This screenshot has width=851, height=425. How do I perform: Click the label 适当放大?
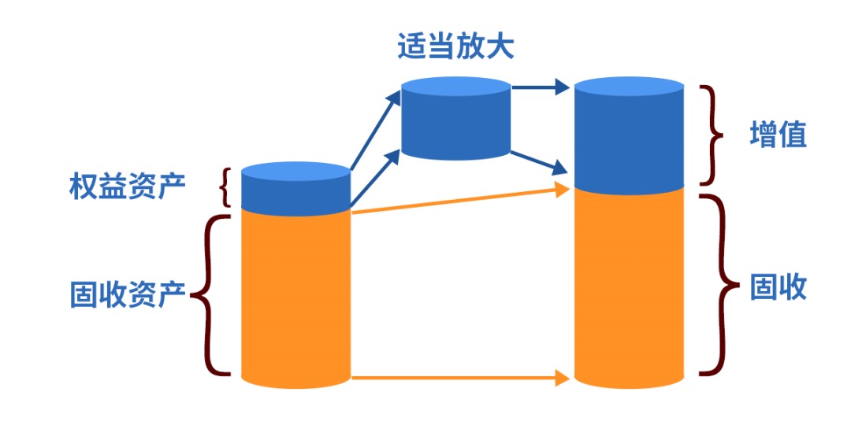pos(455,46)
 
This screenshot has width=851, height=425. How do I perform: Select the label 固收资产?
pos(127,295)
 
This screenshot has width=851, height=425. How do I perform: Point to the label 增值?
pos(778,135)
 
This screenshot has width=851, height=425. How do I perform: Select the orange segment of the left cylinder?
pos(295,299)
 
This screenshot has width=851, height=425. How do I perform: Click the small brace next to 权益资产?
pos(227,187)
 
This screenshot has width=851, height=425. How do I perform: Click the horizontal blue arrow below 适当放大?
pos(541,87)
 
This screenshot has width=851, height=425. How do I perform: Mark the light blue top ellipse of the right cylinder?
pos(628,87)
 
